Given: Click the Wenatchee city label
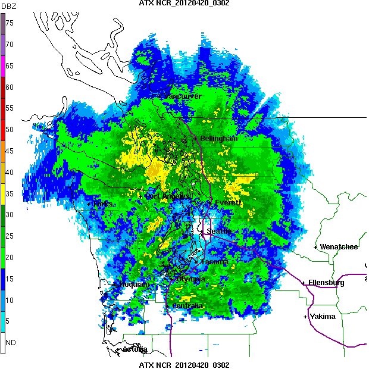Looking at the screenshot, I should point(339,246).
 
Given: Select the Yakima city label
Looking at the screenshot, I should point(323,317).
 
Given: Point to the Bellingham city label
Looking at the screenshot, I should point(218,139).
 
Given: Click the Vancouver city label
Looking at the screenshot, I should point(183,96).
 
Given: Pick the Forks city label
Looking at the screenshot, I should point(104,204).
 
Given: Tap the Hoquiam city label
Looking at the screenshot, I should point(135,284).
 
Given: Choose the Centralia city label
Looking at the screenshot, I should point(187,306).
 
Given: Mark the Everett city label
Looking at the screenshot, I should point(227,203).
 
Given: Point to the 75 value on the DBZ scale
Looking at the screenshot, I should point(10,23).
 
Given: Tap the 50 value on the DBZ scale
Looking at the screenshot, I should point(10,129).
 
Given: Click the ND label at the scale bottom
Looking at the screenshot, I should point(10,343).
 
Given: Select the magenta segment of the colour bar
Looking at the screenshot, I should point(2,65).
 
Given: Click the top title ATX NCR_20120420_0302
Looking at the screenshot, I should point(184,4).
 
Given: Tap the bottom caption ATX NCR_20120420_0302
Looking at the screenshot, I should point(184,364).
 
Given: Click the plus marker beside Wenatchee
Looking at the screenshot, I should point(316,246).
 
